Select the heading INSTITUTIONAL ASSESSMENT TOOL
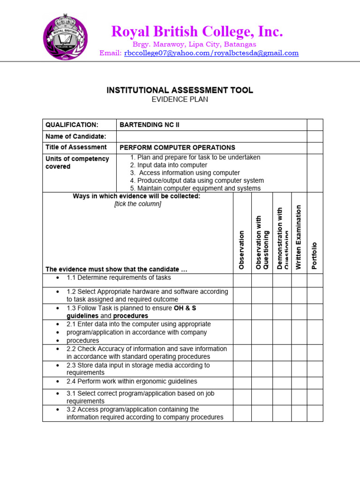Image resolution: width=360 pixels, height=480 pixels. [180, 90]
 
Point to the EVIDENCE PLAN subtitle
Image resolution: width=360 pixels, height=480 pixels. [180, 99]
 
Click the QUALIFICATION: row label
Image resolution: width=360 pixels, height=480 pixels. [72, 125]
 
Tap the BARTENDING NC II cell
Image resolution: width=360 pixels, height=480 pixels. [150, 125]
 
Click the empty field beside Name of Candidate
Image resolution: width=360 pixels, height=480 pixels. [211, 136]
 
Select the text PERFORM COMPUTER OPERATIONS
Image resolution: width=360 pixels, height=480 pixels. [178, 148]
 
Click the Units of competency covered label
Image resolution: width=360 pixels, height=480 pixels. [77, 163]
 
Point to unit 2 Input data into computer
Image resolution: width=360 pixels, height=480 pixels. [168, 165]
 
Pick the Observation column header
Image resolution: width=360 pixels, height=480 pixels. [242, 249]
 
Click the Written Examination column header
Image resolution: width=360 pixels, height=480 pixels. [299, 237]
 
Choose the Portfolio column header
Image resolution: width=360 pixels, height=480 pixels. [315, 255]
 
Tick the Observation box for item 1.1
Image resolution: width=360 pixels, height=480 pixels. [242, 280]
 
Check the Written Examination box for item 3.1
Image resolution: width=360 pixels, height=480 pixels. [299, 397]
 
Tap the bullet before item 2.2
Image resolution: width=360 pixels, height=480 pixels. [57, 349]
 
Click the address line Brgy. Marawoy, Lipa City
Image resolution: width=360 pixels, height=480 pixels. [195, 44]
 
